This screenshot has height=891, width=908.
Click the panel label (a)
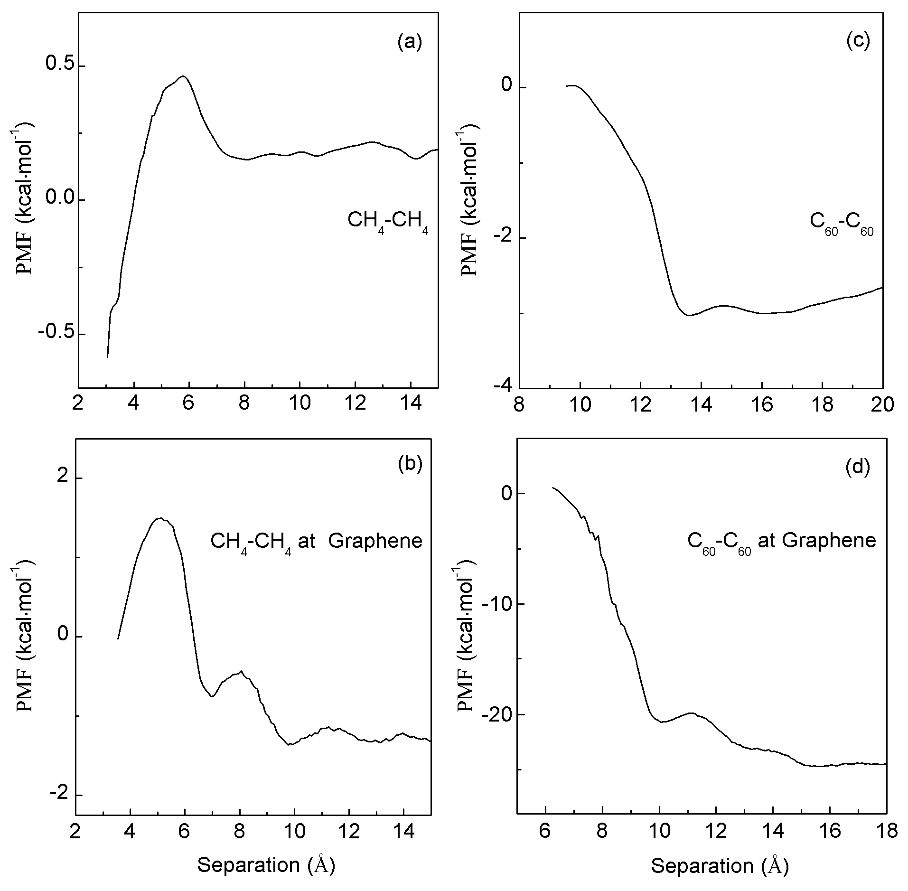(409, 42)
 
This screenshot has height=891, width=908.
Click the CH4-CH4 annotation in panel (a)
(388, 221)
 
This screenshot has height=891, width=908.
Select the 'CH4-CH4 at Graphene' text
(316, 541)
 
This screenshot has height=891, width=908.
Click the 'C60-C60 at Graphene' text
(781, 541)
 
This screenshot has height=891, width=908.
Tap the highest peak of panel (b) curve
(160, 518)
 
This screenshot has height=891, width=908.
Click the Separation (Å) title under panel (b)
(266, 865)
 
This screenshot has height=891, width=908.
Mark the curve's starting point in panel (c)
(567, 86)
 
